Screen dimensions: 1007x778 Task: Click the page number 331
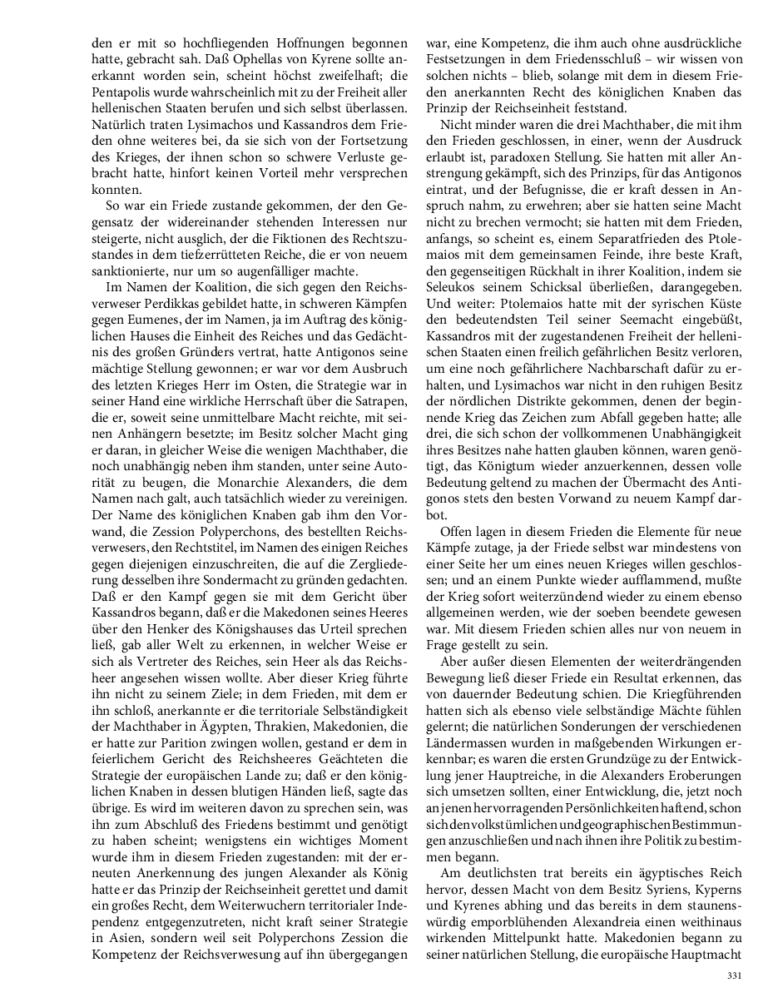click(x=732, y=976)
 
